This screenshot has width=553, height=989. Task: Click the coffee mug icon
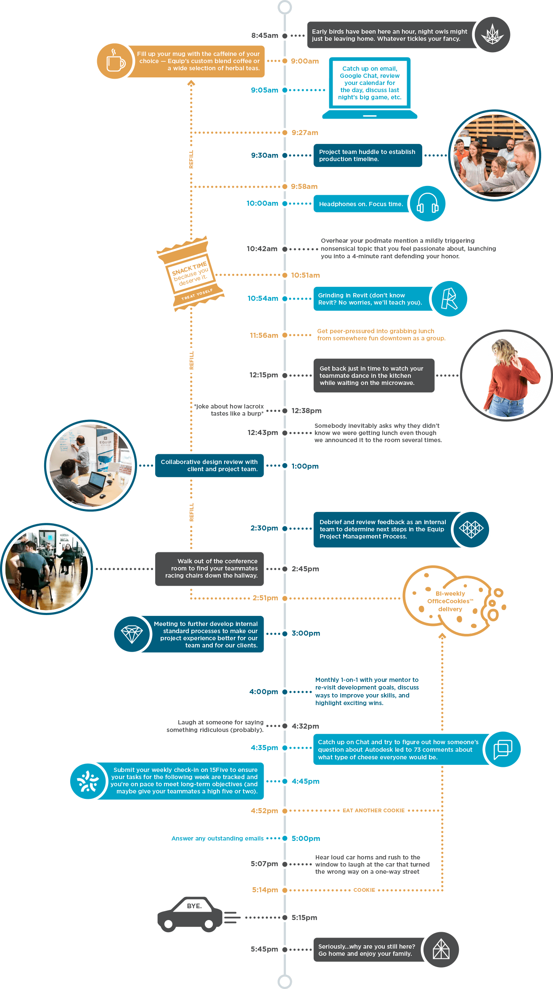115,61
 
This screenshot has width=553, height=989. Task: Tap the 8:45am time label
265,35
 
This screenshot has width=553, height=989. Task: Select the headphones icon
427,204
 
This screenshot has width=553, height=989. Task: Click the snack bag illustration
190,273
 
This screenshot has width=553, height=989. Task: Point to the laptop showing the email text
370,88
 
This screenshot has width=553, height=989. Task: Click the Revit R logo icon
449,299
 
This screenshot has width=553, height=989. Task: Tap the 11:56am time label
264,335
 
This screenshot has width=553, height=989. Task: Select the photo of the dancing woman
506,375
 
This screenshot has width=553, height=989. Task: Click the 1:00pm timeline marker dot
285,466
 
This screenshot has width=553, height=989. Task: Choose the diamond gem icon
132,634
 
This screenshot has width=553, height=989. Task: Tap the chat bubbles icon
503,749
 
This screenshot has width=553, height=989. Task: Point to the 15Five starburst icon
88,781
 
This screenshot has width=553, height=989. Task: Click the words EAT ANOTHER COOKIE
373,810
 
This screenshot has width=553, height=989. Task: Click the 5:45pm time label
264,949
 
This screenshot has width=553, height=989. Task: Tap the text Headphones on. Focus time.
361,204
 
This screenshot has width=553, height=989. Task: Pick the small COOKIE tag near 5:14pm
364,890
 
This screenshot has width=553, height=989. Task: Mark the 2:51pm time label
265,598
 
